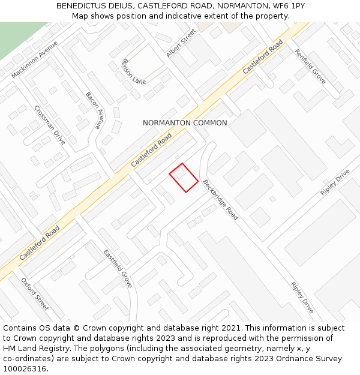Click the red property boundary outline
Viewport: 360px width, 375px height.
point(184,178)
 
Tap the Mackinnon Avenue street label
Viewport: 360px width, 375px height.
point(34,60)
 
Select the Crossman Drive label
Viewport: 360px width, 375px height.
point(49,125)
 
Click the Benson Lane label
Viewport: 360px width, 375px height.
point(134,71)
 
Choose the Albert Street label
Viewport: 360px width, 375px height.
point(181,43)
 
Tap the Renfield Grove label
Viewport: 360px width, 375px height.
point(310,66)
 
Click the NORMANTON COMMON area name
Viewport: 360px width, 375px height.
point(185,123)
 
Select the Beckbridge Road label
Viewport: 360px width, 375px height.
point(220,200)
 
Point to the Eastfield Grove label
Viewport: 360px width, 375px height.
point(117,268)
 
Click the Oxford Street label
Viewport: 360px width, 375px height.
point(35,294)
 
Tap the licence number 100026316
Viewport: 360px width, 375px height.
point(23,369)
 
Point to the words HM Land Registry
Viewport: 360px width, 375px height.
point(35,349)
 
